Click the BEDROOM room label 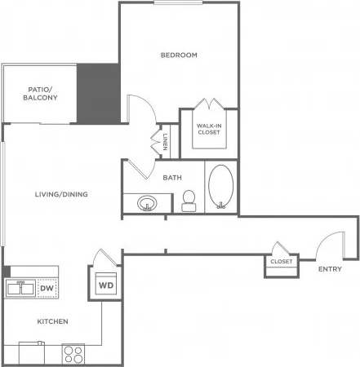pos(179,55)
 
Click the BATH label pos(172,177)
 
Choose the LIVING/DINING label pos(61,194)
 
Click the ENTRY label pos(330,269)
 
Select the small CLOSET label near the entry pos(281,263)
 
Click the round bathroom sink pos(147,202)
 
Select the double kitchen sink pos(20,287)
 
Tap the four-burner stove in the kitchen pos(74,355)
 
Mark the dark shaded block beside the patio pos(99,91)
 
